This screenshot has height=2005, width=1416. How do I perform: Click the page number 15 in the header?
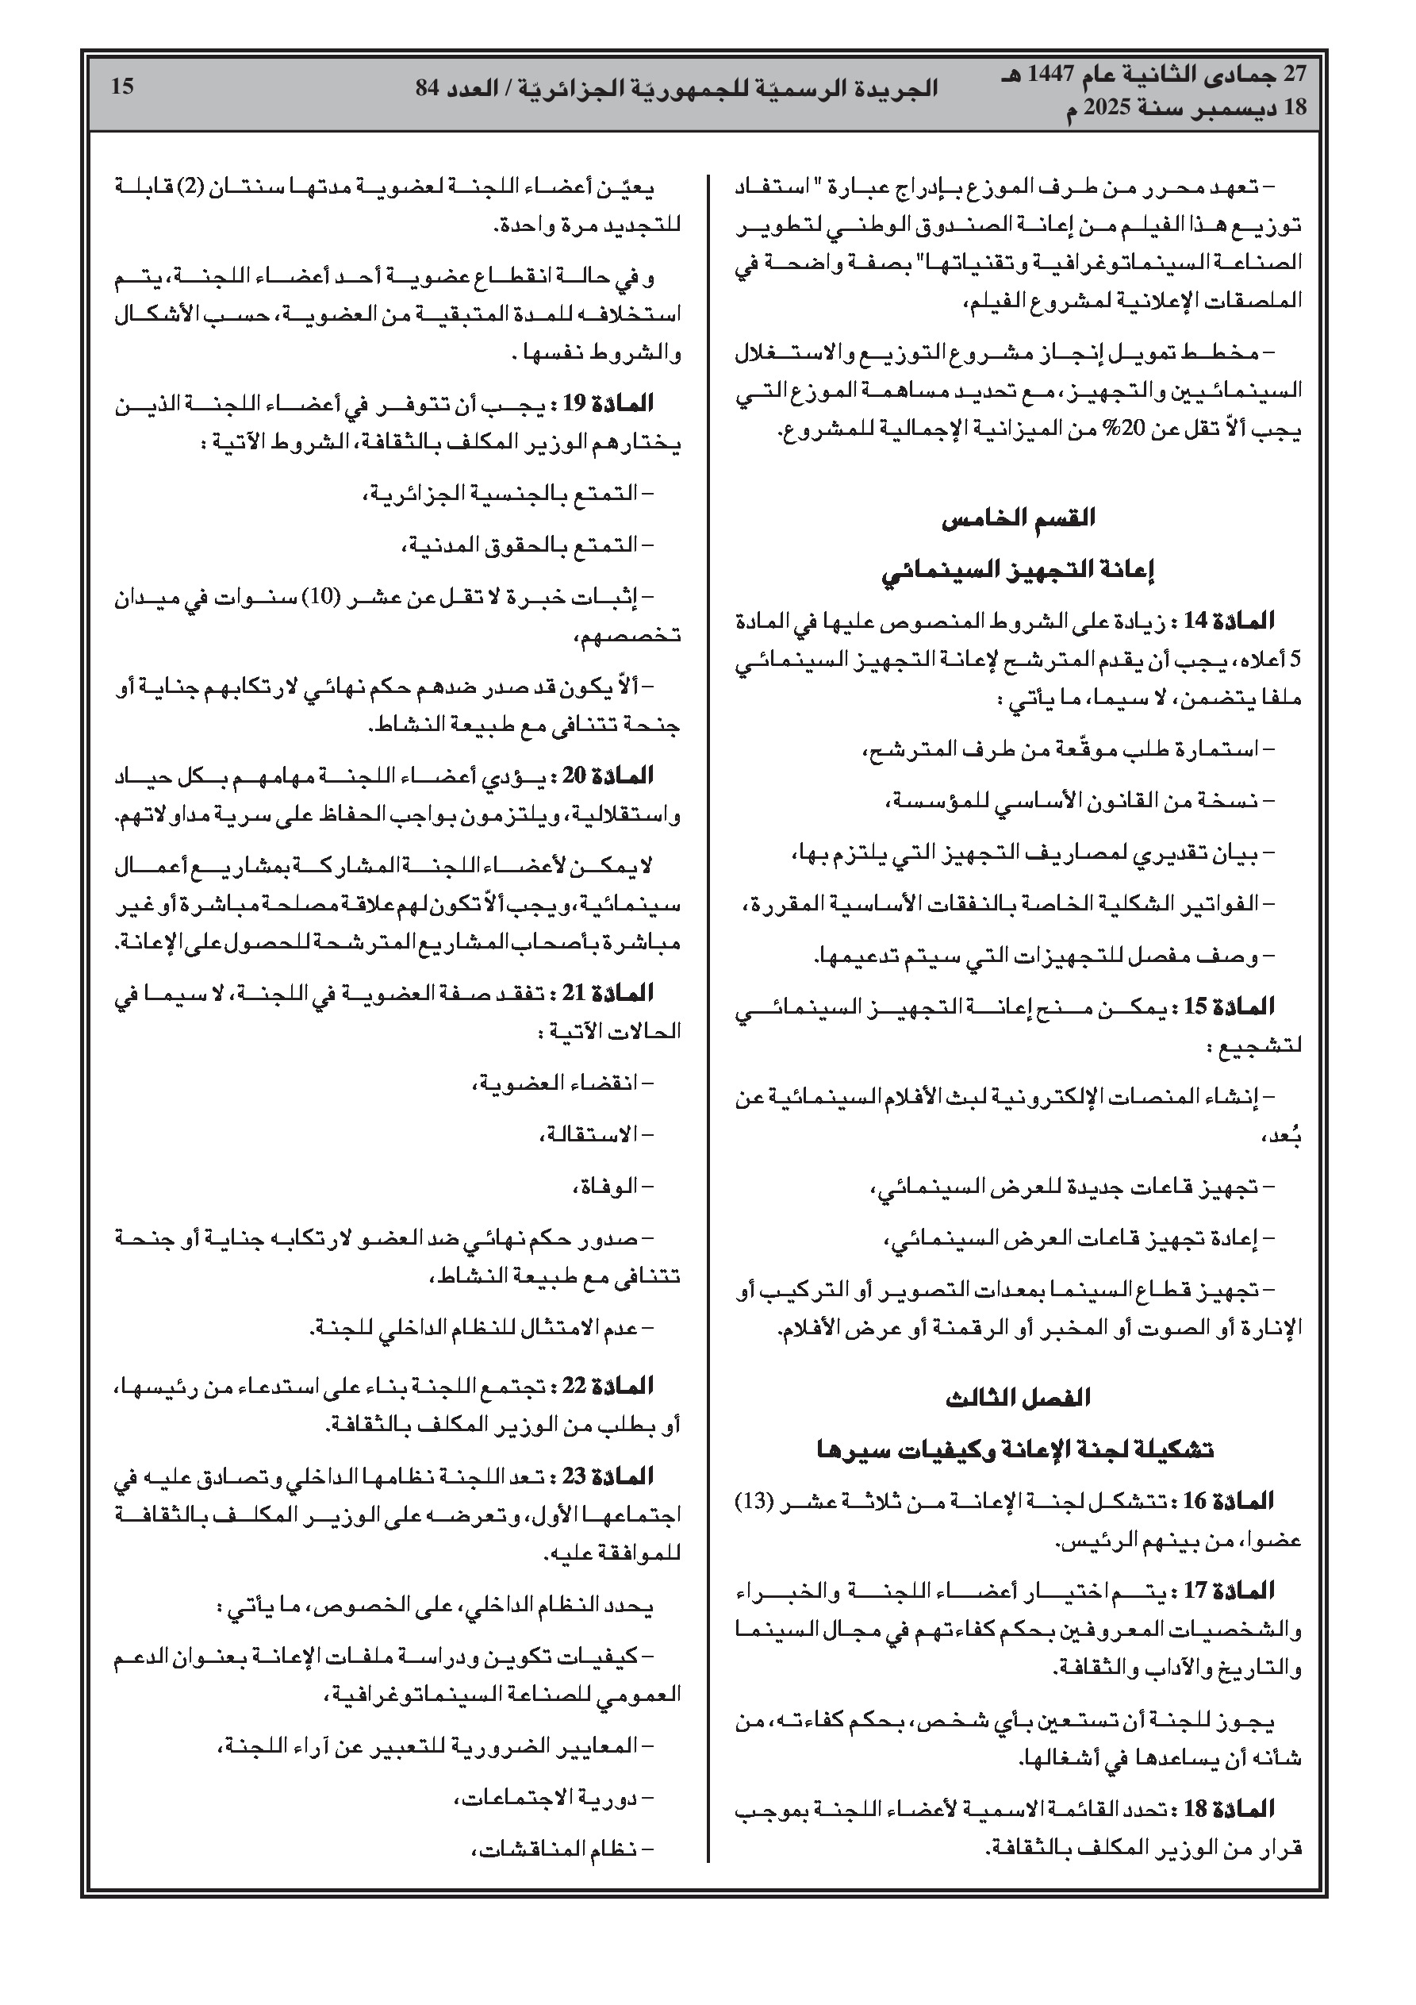[122, 87]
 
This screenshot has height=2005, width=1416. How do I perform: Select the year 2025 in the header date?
[1103, 108]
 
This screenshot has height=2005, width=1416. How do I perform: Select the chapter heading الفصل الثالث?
[1018, 1399]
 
